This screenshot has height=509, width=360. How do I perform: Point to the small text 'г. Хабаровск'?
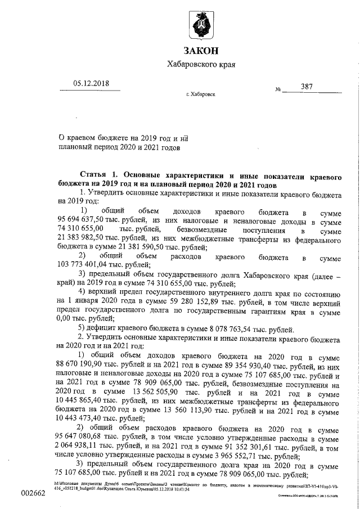click(200, 95)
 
